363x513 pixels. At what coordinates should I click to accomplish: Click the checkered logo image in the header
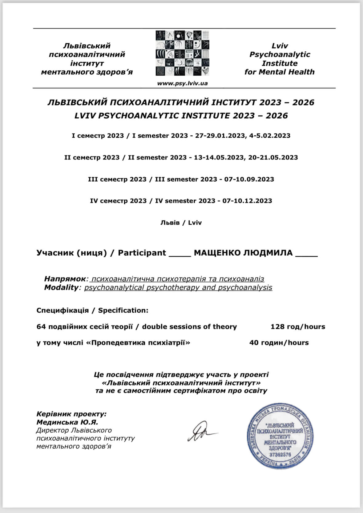(182, 53)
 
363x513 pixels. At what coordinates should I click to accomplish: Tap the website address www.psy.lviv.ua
(182, 83)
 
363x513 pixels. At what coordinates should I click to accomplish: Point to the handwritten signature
(202, 432)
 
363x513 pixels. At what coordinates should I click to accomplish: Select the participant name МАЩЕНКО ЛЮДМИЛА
(243, 253)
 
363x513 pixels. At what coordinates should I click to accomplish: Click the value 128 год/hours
(298, 326)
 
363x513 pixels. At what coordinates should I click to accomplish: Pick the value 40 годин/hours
(279, 342)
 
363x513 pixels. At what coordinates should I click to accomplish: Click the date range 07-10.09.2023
(249, 179)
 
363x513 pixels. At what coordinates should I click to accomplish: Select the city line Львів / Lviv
(181, 223)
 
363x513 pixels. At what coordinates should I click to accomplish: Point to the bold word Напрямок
(65, 279)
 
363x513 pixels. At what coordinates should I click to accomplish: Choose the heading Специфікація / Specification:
(92, 310)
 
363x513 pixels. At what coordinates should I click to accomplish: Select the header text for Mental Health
(279, 72)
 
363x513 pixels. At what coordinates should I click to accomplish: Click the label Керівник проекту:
(71, 414)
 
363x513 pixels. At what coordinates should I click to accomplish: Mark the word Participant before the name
(142, 253)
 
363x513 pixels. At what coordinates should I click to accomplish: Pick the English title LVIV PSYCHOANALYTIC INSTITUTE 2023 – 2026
(181, 116)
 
